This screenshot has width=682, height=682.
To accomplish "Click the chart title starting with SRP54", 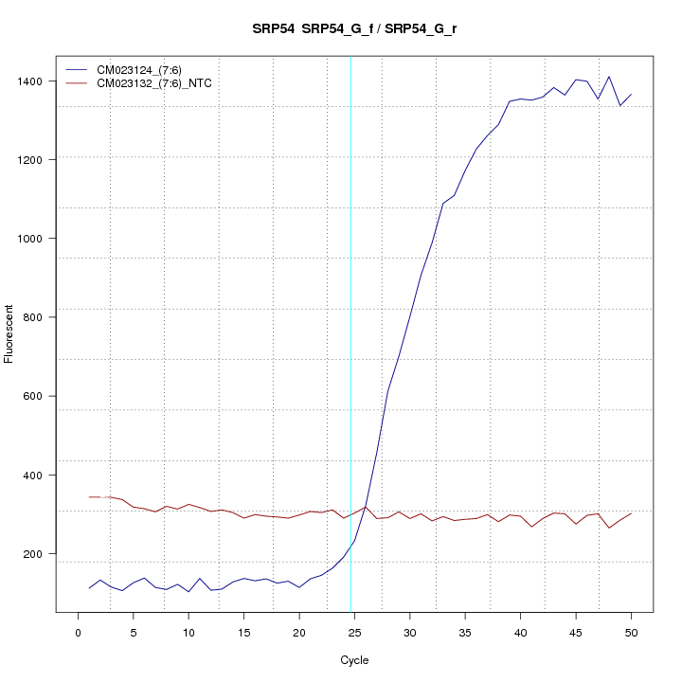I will [x=355, y=28].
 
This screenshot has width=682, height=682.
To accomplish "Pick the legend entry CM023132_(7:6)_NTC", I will [x=154, y=83].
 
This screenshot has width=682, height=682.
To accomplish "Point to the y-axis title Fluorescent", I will [x=9, y=333].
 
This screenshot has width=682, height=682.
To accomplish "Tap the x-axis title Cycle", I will [x=354, y=660].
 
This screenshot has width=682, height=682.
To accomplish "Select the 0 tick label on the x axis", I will [x=78, y=632].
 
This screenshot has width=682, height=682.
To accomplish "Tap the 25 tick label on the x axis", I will [x=354, y=632].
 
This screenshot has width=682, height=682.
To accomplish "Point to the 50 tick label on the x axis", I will [x=631, y=632].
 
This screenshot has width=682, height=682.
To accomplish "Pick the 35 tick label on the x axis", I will [x=465, y=632].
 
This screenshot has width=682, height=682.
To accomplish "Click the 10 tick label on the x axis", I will [x=188, y=632].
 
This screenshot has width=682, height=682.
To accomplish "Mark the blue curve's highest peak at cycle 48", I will [x=609, y=77].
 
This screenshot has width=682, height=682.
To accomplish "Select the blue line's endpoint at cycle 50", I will [x=631, y=94].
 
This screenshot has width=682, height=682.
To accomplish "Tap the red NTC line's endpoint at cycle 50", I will [x=631, y=513].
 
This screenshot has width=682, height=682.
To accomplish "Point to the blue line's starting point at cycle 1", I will [x=89, y=588].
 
